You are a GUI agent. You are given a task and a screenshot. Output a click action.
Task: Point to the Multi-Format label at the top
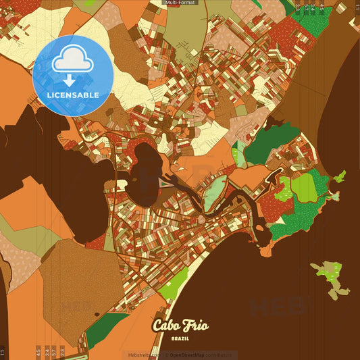click(180, 3)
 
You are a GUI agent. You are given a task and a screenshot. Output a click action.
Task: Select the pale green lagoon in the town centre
click(214, 193)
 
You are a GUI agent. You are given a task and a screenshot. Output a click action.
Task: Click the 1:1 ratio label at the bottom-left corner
click(3, 352)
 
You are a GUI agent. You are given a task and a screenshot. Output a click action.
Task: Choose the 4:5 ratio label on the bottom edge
click(38, 352)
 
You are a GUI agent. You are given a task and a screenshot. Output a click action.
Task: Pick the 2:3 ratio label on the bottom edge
click(62, 352)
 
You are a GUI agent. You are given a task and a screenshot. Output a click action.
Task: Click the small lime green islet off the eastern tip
click(340, 177)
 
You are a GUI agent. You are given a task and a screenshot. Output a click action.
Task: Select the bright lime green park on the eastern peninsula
click(303, 188)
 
